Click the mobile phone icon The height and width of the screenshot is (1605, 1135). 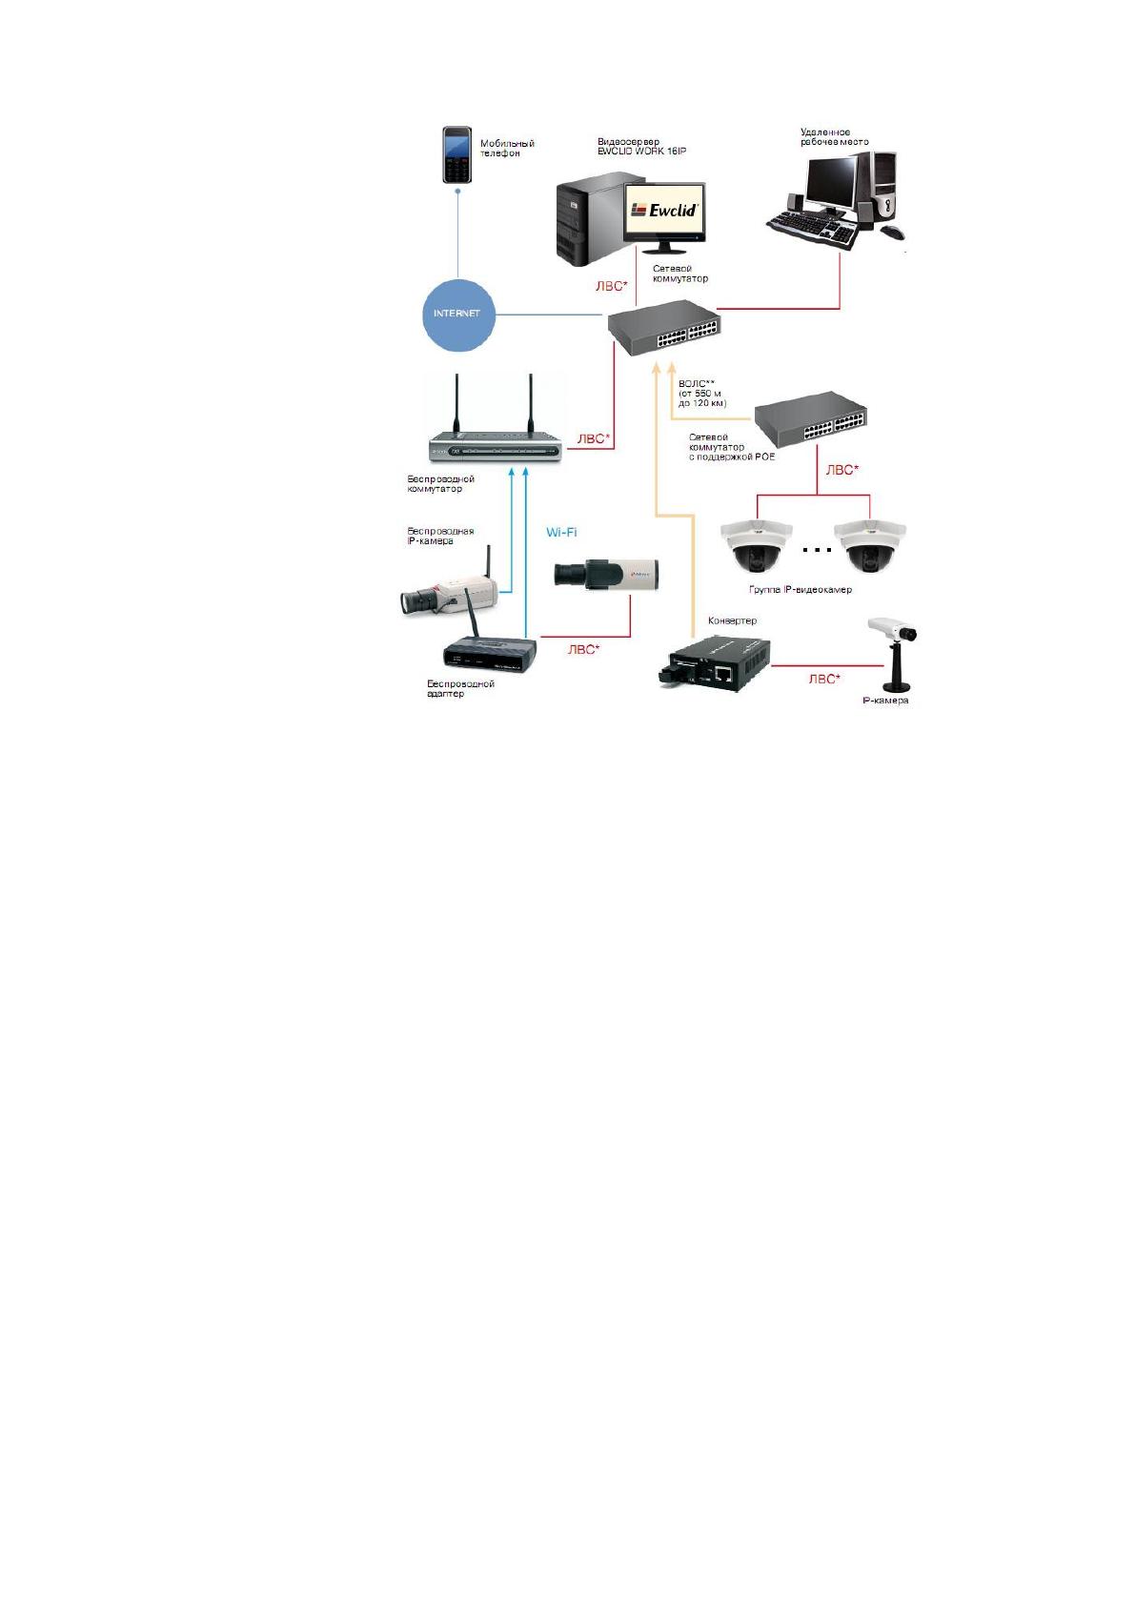point(456,154)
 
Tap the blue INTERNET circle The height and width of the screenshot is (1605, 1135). point(458,315)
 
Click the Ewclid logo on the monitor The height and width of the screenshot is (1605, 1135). point(663,211)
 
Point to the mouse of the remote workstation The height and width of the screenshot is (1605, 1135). point(891,233)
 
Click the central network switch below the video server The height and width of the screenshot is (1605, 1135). point(663,327)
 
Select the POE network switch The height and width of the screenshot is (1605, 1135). point(810,418)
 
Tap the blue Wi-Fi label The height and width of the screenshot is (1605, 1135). point(561,533)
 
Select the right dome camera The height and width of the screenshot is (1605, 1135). point(870,546)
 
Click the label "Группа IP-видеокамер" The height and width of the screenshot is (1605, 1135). point(801,590)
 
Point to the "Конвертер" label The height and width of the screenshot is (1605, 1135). point(732,620)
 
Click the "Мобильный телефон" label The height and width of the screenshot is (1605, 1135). point(507,149)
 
